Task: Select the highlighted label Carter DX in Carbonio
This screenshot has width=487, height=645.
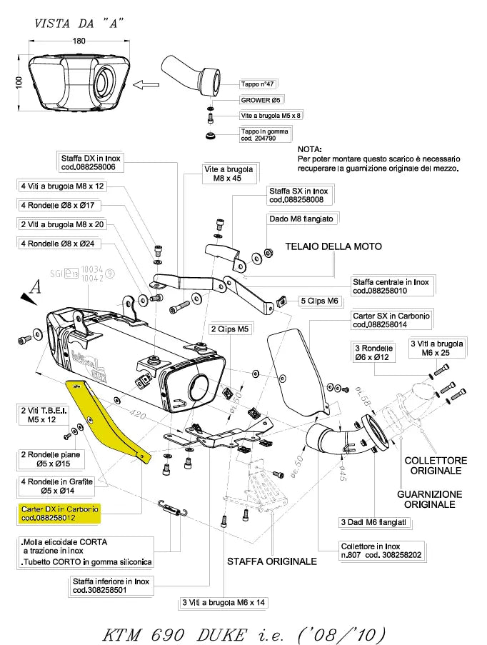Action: (61, 513)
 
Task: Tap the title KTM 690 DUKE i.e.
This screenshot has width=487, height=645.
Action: (243, 633)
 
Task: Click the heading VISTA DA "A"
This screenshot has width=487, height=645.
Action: (79, 23)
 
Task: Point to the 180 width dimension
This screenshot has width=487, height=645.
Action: (79, 41)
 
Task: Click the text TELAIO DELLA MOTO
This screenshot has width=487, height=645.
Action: (333, 246)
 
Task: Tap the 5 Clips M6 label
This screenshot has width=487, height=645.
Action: (318, 301)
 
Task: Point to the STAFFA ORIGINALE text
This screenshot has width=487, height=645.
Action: (272, 561)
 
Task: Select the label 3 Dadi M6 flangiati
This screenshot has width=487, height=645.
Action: (373, 523)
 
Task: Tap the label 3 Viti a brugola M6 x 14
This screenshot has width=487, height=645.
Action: (224, 602)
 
